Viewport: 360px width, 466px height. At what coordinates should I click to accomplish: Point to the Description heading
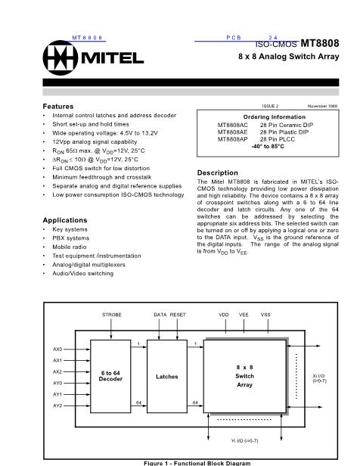(217, 172)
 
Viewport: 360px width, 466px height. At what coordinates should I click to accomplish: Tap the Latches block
(166, 376)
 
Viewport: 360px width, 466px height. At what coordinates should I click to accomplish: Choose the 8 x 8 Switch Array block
(244, 375)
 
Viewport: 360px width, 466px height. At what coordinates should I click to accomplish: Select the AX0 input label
(57, 349)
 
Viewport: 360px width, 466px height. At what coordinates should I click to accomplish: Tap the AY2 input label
(57, 405)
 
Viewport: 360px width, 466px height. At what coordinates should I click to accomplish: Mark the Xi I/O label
(318, 376)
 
